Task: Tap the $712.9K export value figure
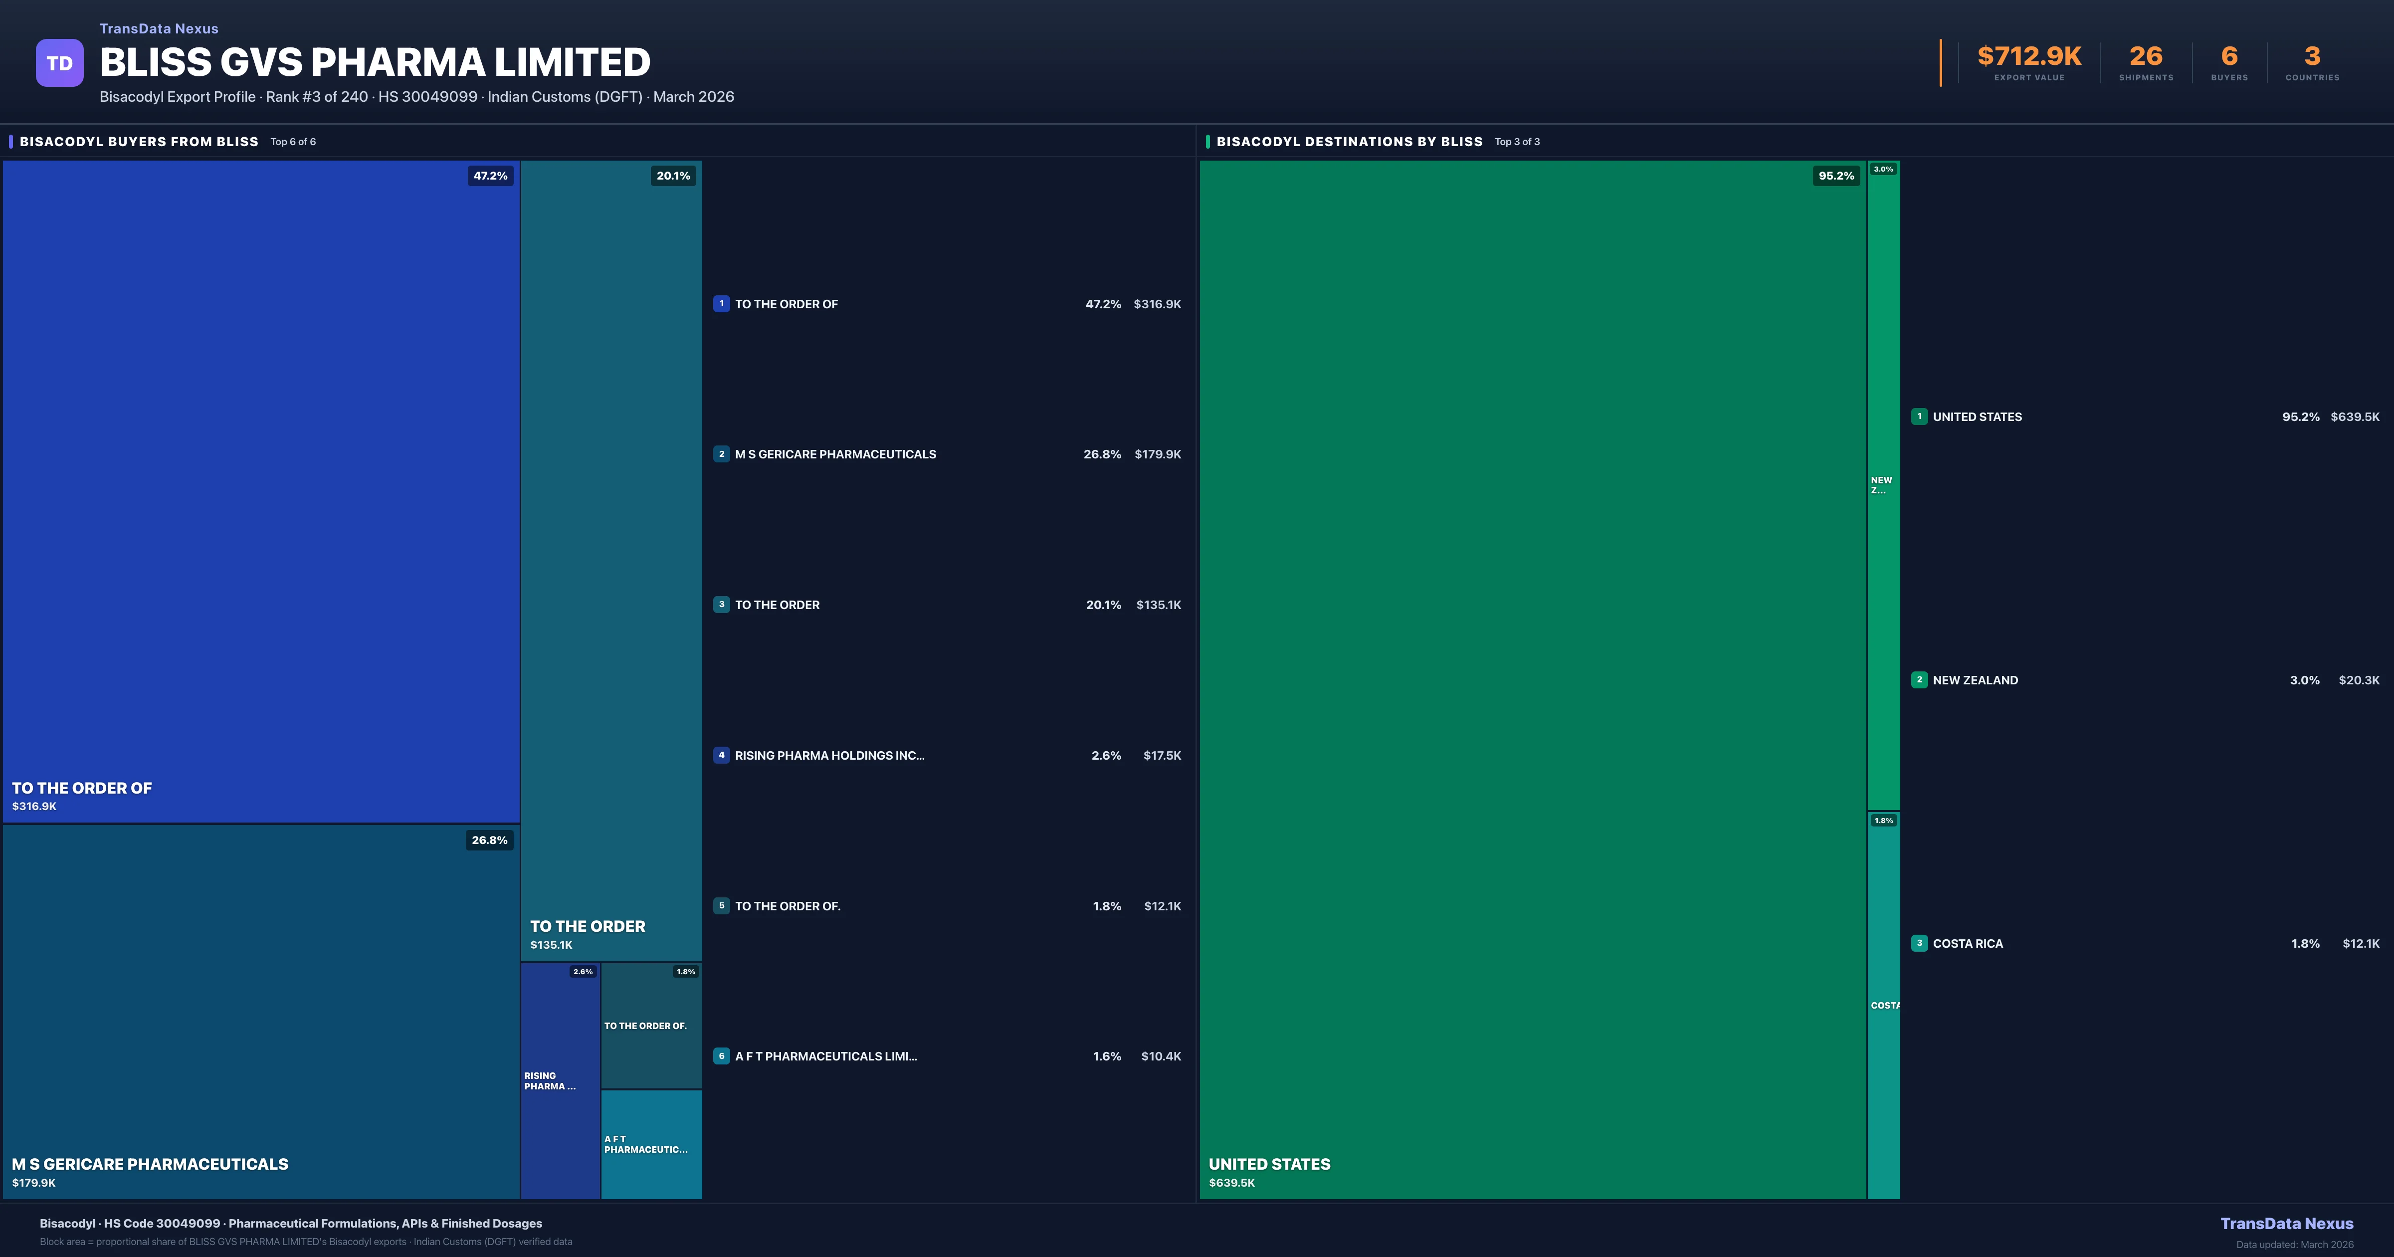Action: [2029, 57]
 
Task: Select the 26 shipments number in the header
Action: [2146, 57]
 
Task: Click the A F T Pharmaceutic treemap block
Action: [650, 1144]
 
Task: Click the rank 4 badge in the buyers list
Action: [721, 755]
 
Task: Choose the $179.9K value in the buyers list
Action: [1157, 454]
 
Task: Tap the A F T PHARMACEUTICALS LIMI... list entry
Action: [825, 1056]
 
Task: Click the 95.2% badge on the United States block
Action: [1835, 176]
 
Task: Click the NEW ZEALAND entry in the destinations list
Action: [1975, 680]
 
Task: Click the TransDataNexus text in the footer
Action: [2286, 1224]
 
